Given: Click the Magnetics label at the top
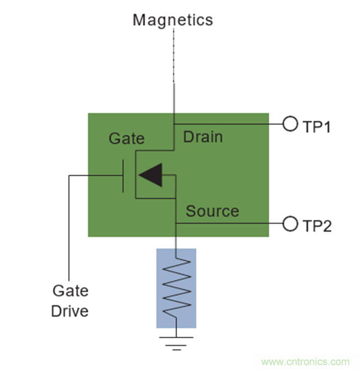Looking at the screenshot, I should click(173, 20).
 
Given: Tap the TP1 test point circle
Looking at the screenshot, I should click(290, 124).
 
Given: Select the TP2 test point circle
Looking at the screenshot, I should click(290, 224).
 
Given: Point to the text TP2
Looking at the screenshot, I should click(317, 226).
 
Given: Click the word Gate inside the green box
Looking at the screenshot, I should click(127, 139).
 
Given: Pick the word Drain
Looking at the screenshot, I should click(203, 137).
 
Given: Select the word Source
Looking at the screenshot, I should click(212, 211).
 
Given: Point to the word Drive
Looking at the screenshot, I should click(70, 310).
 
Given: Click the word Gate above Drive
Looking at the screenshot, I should click(70, 291).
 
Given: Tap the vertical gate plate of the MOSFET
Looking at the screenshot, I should click(123, 175).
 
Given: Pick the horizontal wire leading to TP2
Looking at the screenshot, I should click(231, 224).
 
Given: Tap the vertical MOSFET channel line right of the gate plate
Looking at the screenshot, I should click(135, 175).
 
